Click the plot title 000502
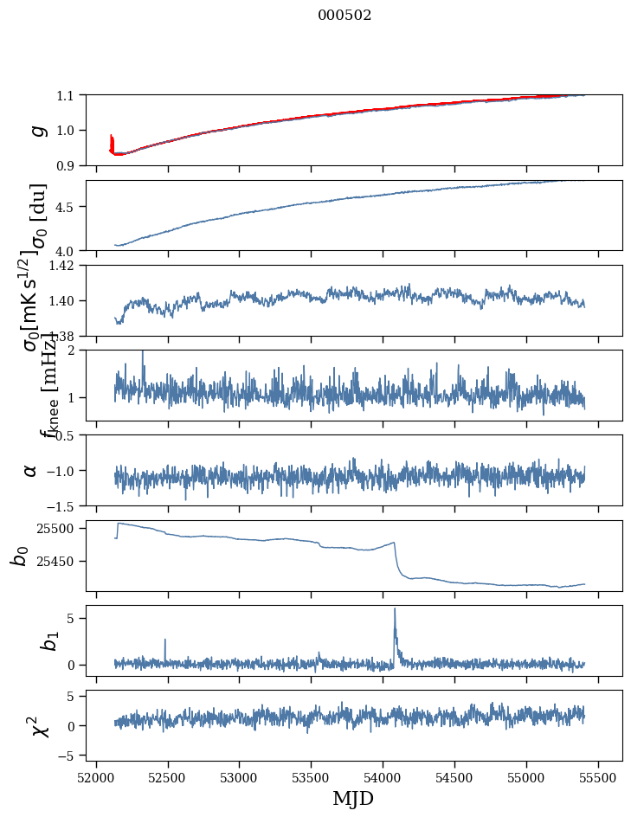click(x=344, y=16)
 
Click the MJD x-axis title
click(x=353, y=799)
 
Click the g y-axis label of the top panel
click(x=36, y=130)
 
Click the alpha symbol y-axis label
click(x=30, y=470)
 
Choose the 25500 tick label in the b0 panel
click(x=61, y=528)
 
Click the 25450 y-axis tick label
click(x=61, y=562)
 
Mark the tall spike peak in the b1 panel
click(x=395, y=608)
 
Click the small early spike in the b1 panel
click(x=164, y=640)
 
